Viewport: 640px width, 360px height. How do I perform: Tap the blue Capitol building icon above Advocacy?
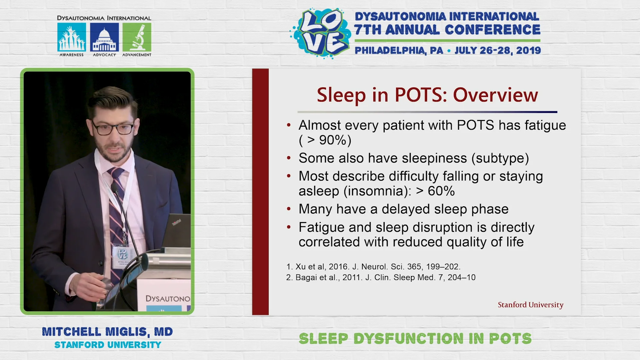coord(104,37)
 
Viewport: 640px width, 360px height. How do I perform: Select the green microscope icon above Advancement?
coord(137,37)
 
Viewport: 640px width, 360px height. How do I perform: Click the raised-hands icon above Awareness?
coord(72,37)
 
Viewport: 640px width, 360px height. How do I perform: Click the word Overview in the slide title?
coord(495,95)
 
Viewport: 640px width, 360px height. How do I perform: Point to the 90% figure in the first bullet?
coord(333,140)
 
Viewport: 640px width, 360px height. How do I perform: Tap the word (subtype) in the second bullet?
coord(500,158)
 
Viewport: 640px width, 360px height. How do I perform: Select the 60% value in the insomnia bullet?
coord(441,191)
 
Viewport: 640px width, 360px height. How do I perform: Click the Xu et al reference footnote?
coord(373,267)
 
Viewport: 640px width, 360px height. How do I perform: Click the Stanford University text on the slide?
coord(530,305)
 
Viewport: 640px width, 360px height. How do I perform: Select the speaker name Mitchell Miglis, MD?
coord(107,332)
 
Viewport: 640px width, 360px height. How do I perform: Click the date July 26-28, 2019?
coord(498,51)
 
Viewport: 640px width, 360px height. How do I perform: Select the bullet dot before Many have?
coord(289,209)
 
